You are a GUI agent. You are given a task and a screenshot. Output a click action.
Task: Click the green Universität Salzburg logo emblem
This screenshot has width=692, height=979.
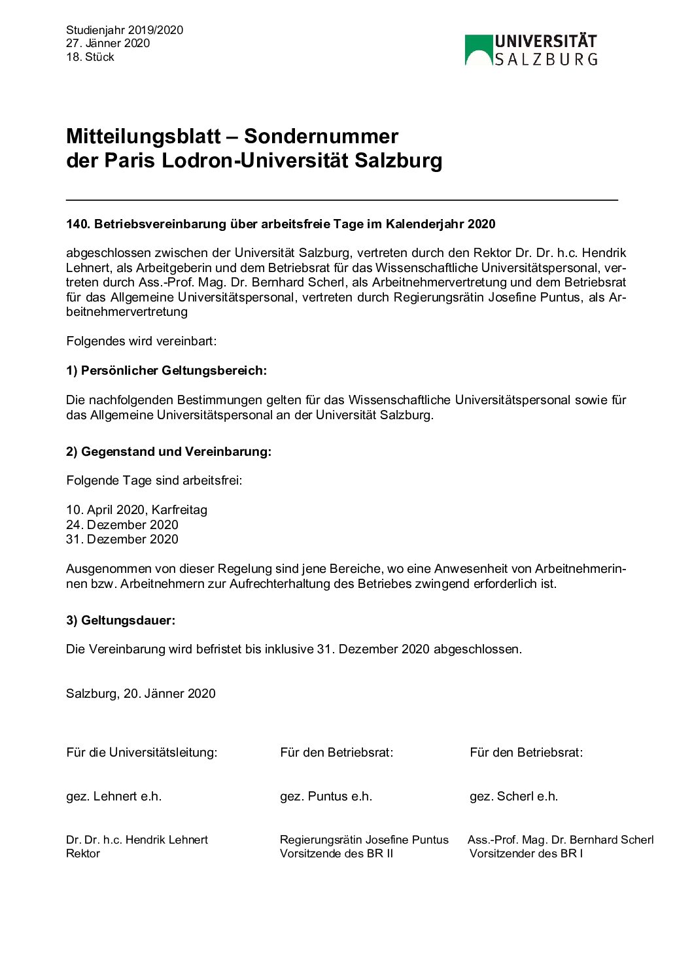click(478, 50)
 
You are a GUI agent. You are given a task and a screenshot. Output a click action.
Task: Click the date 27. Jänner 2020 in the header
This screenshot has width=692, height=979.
click(108, 43)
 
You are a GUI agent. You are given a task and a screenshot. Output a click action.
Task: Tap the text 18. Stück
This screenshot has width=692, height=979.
click(90, 57)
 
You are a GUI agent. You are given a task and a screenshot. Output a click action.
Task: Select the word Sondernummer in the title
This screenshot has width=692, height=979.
click(321, 136)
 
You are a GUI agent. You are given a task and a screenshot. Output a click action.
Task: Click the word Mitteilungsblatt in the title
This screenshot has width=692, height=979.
click(143, 136)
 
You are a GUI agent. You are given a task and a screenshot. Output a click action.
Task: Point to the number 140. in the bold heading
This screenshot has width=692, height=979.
click(78, 224)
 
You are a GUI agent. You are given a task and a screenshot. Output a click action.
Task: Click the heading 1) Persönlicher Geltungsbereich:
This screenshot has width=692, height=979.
click(166, 371)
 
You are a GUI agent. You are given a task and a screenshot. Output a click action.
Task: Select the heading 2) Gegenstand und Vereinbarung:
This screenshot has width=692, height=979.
click(169, 452)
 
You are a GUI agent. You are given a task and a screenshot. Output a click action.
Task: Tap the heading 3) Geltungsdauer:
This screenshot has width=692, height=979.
click(120, 621)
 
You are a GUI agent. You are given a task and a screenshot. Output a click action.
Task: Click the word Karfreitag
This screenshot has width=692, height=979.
click(179, 510)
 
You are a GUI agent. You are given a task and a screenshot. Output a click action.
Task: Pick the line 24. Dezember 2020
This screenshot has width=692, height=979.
click(122, 525)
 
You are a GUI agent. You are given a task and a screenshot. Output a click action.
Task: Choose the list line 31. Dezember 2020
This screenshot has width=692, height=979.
click(122, 540)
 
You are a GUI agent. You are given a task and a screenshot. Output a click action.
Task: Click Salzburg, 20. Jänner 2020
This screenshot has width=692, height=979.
click(141, 694)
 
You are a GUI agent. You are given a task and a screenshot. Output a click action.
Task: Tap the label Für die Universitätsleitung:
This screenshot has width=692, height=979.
click(142, 753)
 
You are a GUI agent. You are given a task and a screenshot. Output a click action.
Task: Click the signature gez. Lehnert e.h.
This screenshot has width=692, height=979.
click(114, 797)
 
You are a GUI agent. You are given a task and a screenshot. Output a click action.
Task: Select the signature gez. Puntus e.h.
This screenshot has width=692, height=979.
click(326, 797)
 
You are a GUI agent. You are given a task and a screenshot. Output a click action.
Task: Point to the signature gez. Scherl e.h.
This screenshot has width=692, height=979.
click(513, 797)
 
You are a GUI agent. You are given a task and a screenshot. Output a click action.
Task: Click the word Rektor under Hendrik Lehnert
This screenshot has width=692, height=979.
click(83, 853)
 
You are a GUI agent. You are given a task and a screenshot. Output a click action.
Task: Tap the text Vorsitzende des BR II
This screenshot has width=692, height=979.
click(336, 853)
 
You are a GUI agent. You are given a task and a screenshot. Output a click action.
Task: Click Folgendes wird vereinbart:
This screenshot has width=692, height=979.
click(141, 341)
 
